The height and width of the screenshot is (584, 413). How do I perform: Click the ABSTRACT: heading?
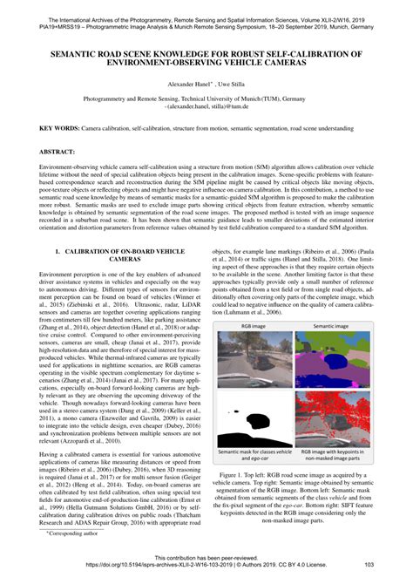tap(58, 152)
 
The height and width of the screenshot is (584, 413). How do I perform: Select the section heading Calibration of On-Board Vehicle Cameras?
tap(119, 255)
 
